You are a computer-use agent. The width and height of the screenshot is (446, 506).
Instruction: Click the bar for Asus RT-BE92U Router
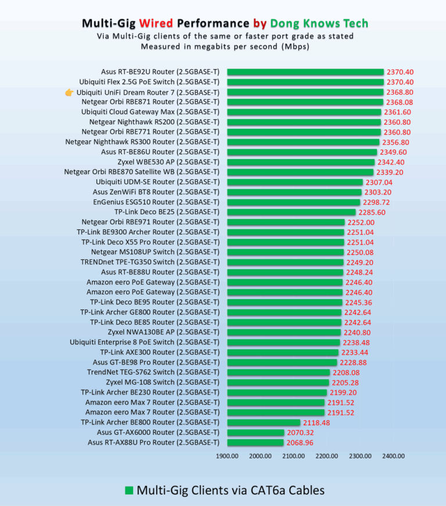(x=305, y=72)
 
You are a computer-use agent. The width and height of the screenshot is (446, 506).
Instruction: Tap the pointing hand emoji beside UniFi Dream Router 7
(x=69, y=92)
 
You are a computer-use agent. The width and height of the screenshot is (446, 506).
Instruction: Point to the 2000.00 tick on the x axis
(x=260, y=456)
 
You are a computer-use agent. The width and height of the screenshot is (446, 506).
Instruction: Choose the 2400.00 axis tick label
(x=393, y=456)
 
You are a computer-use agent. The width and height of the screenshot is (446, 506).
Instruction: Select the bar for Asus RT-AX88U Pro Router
(x=256, y=443)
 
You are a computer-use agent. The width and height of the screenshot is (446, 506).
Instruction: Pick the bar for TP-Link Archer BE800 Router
(x=264, y=423)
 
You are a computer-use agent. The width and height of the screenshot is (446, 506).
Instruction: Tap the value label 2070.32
(x=300, y=433)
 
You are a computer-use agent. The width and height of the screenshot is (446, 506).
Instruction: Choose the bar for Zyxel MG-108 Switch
(x=278, y=382)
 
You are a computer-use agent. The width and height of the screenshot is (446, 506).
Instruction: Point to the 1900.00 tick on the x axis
(x=227, y=456)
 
